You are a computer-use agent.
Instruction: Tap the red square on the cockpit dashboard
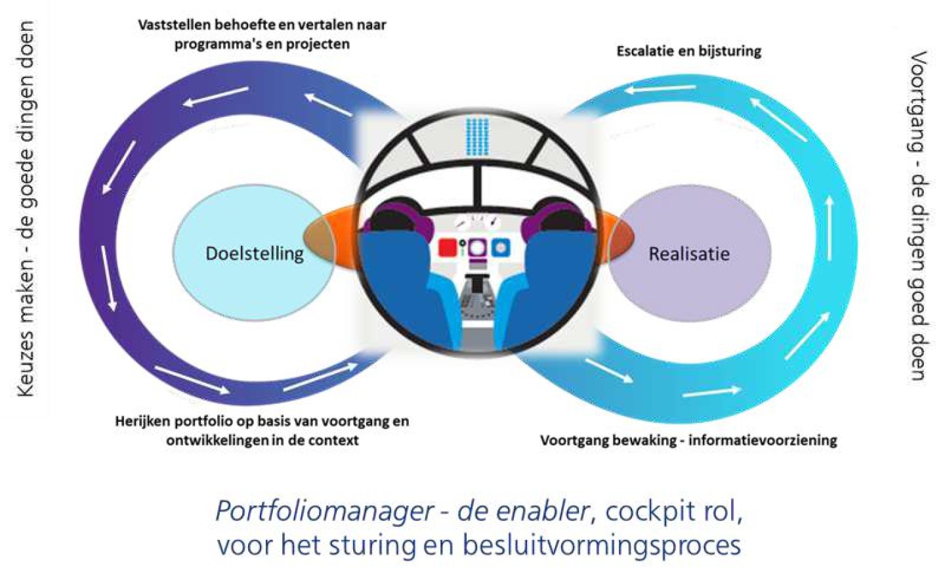pos(448,248)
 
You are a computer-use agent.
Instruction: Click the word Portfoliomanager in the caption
pos(324,511)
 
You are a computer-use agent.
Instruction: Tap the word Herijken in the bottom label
pos(140,421)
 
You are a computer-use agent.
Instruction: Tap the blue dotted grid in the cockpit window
pos(478,137)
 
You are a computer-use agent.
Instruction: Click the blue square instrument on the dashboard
pos(501,247)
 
